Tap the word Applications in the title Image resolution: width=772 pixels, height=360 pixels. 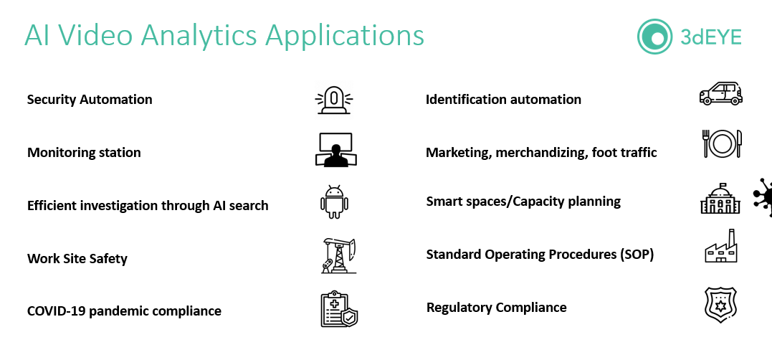tap(341, 35)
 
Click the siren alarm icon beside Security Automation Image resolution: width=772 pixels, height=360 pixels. tap(334, 100)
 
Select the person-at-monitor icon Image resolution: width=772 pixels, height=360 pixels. tap(334, 150)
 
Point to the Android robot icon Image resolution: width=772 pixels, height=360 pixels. tap(334, 202)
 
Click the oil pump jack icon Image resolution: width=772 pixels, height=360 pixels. tap(338, 256)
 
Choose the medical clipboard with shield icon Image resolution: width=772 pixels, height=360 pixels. tap(338, 309)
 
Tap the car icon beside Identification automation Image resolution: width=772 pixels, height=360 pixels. tap(720, 94)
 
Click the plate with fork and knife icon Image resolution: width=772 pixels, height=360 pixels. tap(721, 144)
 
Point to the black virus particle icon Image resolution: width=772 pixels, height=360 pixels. tap(764, 196)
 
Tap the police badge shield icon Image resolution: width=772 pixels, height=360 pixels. tap(720, 304)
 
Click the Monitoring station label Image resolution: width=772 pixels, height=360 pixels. tap(84, 152)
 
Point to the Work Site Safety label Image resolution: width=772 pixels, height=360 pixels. tap(77, 258)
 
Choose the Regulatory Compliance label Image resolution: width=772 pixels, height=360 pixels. tap(497, 307)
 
